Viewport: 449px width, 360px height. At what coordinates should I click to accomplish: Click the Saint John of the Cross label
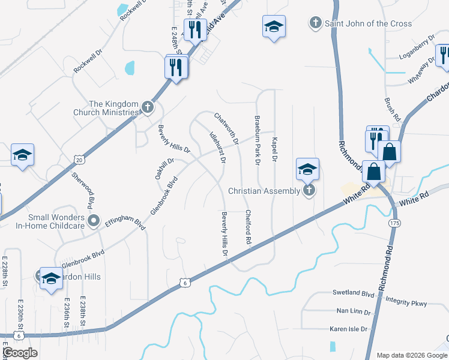(x=368, y=23)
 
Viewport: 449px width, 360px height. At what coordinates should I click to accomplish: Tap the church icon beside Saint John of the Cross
(x=315, y=23)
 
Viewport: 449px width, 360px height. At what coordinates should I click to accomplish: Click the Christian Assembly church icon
(x=309, y=191)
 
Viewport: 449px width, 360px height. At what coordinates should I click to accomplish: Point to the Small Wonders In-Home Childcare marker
(x=94, y=221)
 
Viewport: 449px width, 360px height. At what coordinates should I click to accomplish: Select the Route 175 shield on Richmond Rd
(x=394, y=223)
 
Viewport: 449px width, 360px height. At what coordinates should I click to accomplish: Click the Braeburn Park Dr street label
(x=257, y=141)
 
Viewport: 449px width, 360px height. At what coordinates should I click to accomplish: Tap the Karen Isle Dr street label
(x=351, y=329)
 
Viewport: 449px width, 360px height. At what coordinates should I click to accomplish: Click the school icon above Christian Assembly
(x=307, y=170)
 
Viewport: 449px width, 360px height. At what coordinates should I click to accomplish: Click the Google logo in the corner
(x=20, y=353)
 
